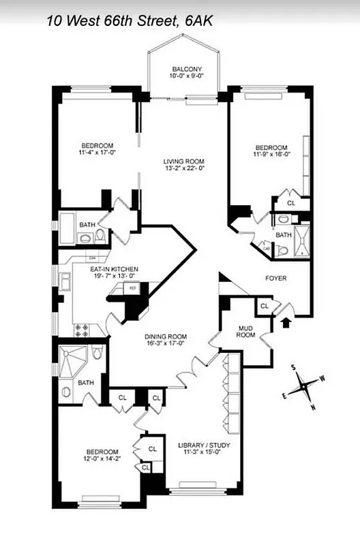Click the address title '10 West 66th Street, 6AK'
(130, 21)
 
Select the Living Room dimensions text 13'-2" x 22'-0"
(184, 168)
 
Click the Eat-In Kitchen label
(115, 269)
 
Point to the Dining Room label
(166, 337)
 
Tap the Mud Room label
(245, 331)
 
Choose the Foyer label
(276, 279)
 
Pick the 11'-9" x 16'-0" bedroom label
(271, 151)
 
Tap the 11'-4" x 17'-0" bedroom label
(97, 149)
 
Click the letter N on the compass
(313, 407)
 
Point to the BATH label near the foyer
(283, 235)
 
